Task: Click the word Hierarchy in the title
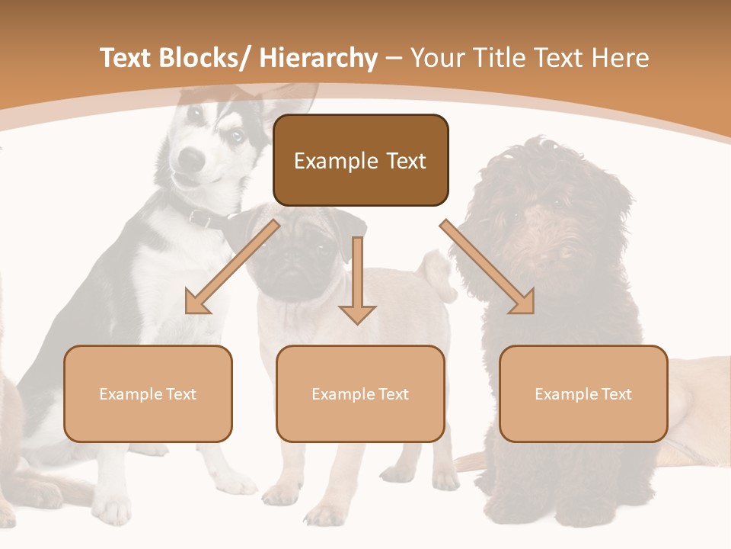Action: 318,58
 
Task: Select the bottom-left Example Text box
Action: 148,393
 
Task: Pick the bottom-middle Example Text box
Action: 360,393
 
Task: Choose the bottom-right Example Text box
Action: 583,393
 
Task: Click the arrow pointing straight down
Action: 357,282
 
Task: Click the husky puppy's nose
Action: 192,158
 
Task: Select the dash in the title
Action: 394,59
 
